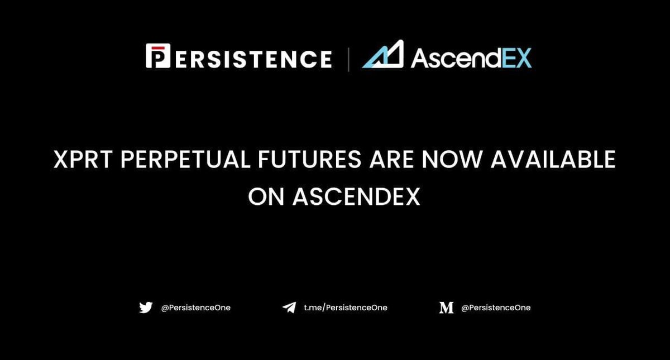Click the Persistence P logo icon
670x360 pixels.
click(157, 57)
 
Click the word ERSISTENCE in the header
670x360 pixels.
click(251, 59)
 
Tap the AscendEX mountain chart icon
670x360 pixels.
click(384, 56)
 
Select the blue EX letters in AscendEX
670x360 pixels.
click(515, 58)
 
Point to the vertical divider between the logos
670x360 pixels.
click(349, 59)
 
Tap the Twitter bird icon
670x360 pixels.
click(146, 308)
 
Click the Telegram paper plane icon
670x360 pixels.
click(289, 308)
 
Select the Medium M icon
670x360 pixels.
click(446, 308)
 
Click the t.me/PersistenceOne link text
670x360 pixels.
click(345, 308)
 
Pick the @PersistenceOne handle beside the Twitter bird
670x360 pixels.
click(195, 308)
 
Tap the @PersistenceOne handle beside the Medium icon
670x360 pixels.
click(496, 308)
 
